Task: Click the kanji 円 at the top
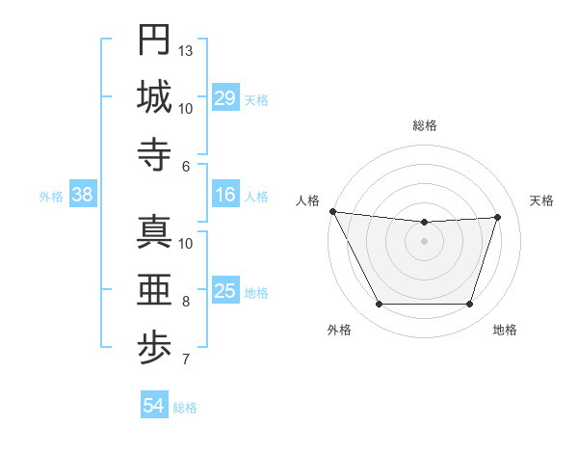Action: coord(154,40)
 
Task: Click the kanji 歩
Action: coord(154,347)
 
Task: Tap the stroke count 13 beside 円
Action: coord(186,50)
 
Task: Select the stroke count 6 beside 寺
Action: coord(186,166)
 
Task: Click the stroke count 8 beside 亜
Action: coord(186,302)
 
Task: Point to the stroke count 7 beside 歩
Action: coord(186,360)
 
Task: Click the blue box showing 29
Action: coord(225,97)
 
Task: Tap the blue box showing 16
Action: coord(225,195)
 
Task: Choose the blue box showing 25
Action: coord(225,291)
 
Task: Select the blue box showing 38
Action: coord(83,195)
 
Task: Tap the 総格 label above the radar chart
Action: coord(424,125)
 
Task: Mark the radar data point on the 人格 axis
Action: coord(332,211)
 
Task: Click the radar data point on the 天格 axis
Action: coord(497,217)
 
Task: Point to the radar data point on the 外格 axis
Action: coord(379,305)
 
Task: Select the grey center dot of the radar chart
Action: coord(424,241)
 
